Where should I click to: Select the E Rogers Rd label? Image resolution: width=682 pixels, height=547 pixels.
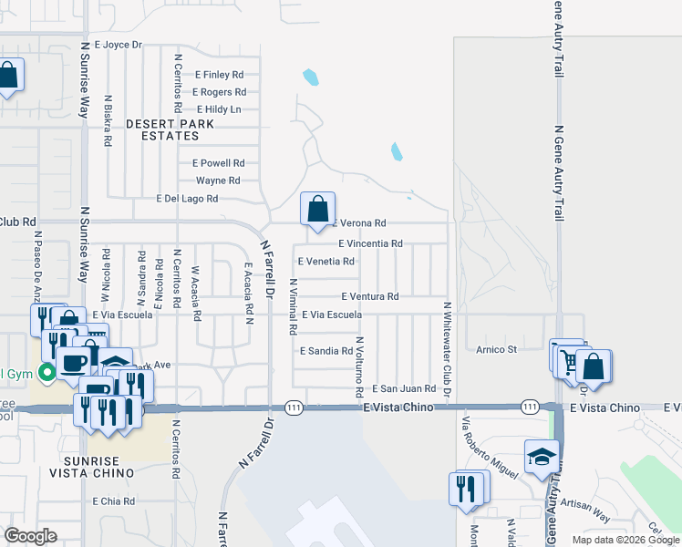coord(219,92)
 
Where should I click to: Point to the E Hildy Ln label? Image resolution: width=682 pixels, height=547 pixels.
coord(218,109)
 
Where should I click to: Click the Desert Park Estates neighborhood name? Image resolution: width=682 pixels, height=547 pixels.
coord(170,129)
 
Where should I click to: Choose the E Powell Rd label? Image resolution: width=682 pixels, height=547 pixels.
coord(218,163)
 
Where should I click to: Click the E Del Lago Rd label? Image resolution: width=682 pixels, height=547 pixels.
coord(187,198)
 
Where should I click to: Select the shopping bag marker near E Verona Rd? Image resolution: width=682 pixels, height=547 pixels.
coord(317,209)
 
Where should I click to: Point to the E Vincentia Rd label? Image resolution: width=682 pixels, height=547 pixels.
coord(370,243)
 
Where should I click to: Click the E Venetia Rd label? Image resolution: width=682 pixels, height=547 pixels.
coord(325,261)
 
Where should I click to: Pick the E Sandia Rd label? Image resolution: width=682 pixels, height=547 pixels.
coord(325,350)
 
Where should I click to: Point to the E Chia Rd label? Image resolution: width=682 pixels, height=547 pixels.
coord(114,501)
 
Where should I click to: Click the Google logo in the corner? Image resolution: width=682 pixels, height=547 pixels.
coord(30,536)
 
